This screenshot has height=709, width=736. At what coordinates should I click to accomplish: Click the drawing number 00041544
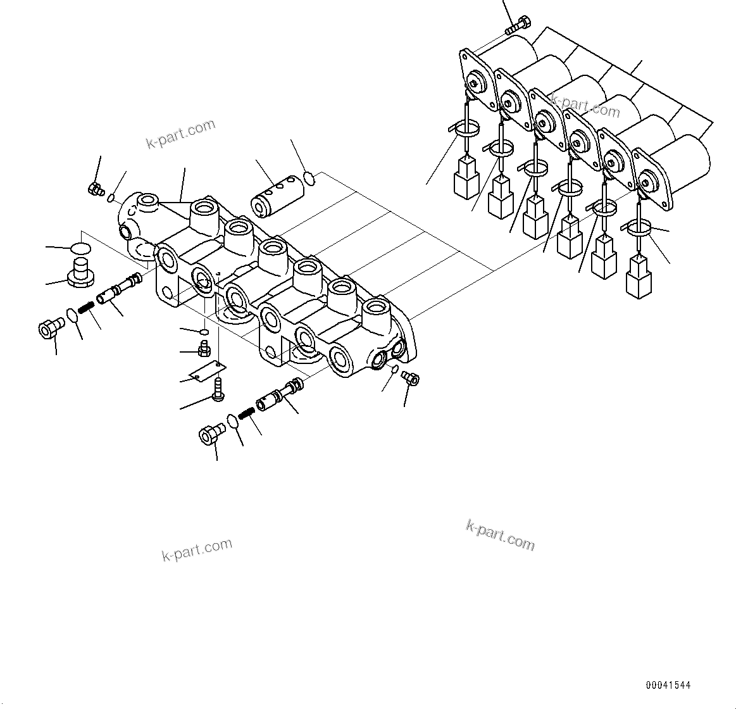tap(668, 685)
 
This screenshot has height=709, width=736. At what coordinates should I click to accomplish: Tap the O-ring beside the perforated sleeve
tap(309, 179)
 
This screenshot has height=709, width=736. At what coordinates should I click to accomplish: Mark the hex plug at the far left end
tap(49, 329)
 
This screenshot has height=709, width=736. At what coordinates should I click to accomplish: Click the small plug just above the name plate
tap(204, 348)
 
